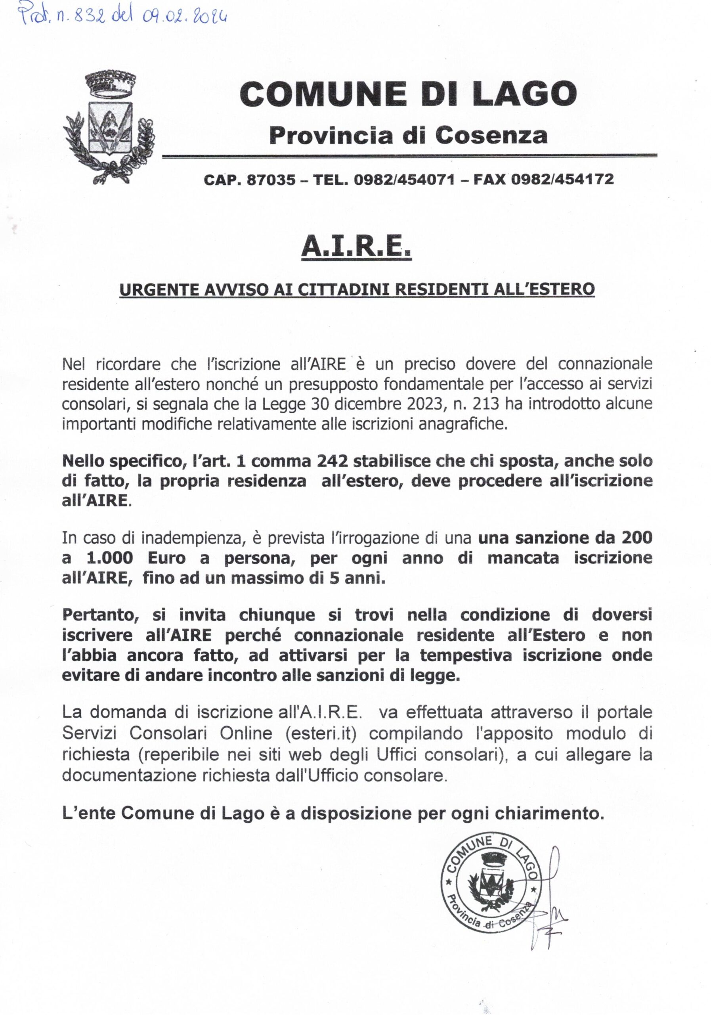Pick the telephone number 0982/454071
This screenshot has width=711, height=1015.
pyautogui.click(x=404, y=179)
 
